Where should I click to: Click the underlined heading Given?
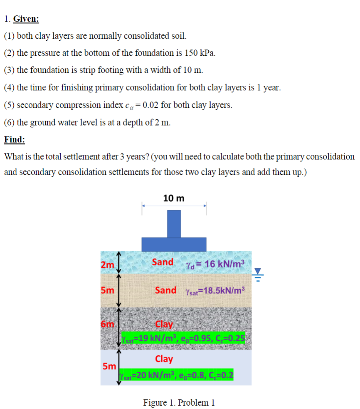pos(26,19)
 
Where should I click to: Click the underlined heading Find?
pos(15,139)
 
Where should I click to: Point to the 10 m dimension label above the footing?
pos(174,198)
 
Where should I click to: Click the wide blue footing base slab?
pos(174,244)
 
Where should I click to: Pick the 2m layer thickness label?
pos(107,265)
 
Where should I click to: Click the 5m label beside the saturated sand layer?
pos(107,291)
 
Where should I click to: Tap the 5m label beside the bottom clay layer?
pos(109,367)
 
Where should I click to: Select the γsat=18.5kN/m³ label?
pos(215,290)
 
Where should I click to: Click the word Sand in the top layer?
pos(163,262)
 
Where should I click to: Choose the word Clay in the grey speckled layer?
pos(164,325)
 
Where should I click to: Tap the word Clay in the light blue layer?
pos(164,359)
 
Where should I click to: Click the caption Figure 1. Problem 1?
pos(179,402)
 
